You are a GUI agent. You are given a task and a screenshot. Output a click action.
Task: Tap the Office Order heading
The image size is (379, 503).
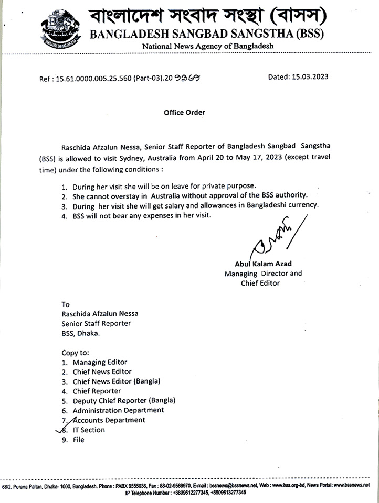tap(184, 112)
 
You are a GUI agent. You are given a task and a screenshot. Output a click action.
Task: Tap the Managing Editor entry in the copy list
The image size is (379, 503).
tap(100, 362)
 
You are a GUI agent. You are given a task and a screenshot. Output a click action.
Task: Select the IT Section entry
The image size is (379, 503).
tap(89, 430)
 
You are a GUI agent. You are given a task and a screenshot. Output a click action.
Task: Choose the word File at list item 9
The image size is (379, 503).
tap(78, 440)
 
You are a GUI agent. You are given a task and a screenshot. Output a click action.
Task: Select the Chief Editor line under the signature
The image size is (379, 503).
tap(260, 283)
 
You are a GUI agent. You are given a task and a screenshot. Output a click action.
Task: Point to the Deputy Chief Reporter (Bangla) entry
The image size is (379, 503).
tap(124, 400)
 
